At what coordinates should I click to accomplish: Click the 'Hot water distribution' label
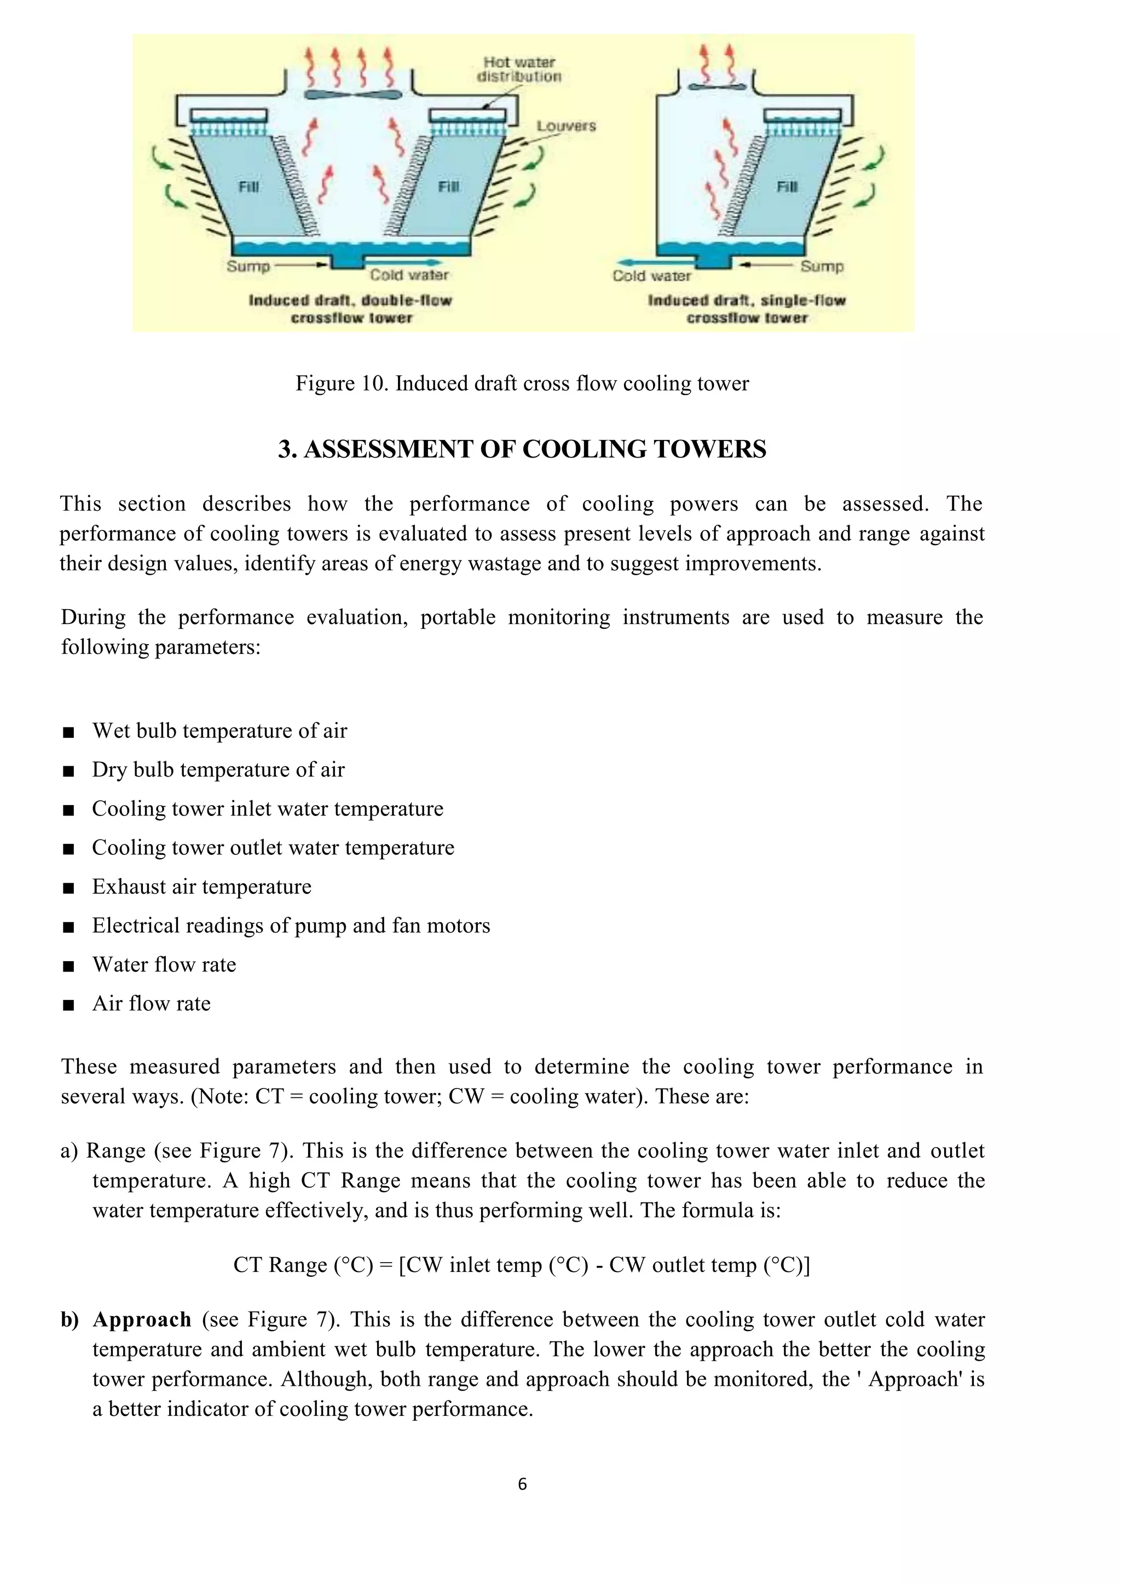pos(519,70)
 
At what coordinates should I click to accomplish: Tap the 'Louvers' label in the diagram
pos(566,126)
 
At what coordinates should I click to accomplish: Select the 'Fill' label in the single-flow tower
pos(787,187)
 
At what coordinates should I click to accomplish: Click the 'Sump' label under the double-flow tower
pos(248,266)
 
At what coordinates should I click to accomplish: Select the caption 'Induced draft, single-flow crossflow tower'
pos(747,309)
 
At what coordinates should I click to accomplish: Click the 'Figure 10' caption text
pos(522,383)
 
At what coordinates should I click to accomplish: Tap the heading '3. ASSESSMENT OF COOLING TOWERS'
pos(522,449)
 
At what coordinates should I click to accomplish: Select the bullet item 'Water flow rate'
pos(164,964)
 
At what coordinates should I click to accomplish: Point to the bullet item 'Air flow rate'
pos(151,1003)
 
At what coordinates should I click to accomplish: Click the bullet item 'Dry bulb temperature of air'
pos(218,770)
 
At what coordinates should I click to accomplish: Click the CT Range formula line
pos(522,1265)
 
